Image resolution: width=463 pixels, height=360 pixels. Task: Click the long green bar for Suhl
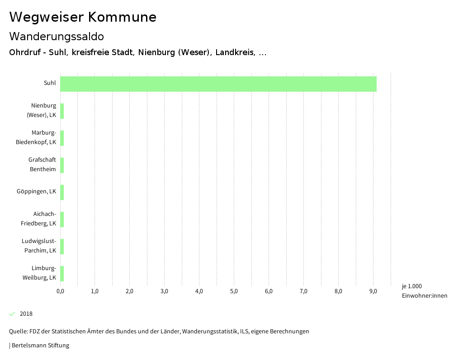click(x=218, y=84)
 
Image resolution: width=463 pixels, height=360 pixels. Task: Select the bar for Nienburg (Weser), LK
click(x=62, y=111)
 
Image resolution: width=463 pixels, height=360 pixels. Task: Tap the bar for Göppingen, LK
click(x=62, y=192)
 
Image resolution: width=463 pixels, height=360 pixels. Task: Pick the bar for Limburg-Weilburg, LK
click(x=62, y=274)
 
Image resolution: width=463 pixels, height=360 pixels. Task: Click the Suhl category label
click(x=50, y=83)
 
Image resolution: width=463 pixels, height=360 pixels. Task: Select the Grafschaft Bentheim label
click(x=42, y=164)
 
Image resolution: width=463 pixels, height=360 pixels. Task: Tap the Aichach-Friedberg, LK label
click(x=38, y=219)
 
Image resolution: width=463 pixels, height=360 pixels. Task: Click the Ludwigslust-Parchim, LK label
click(x=39, y=246)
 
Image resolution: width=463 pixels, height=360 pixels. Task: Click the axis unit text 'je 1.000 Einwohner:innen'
click(x=424, y=291)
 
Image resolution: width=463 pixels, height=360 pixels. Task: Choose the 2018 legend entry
click(x=26, y=314)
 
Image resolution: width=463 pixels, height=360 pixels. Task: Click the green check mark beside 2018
click(x=12, y=314)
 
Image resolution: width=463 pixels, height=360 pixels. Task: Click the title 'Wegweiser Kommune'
click(x=83, y=17)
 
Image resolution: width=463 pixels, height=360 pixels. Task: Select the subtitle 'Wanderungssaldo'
click(x=57, y=36)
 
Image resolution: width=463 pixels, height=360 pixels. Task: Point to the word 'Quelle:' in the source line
click(x=18, y=332)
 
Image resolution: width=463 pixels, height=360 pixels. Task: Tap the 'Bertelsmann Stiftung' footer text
click(x=40, y=346)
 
